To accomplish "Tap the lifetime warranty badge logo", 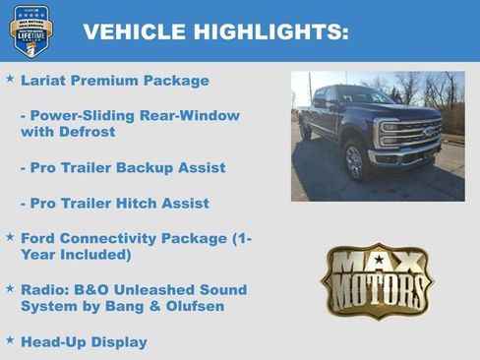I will pos(30,30).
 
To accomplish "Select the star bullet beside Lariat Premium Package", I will pos(10,79).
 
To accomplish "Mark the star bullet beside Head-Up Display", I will pos(10,340).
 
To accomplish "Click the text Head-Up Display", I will pos(84,342).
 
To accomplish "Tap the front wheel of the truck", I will pos(354,160).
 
